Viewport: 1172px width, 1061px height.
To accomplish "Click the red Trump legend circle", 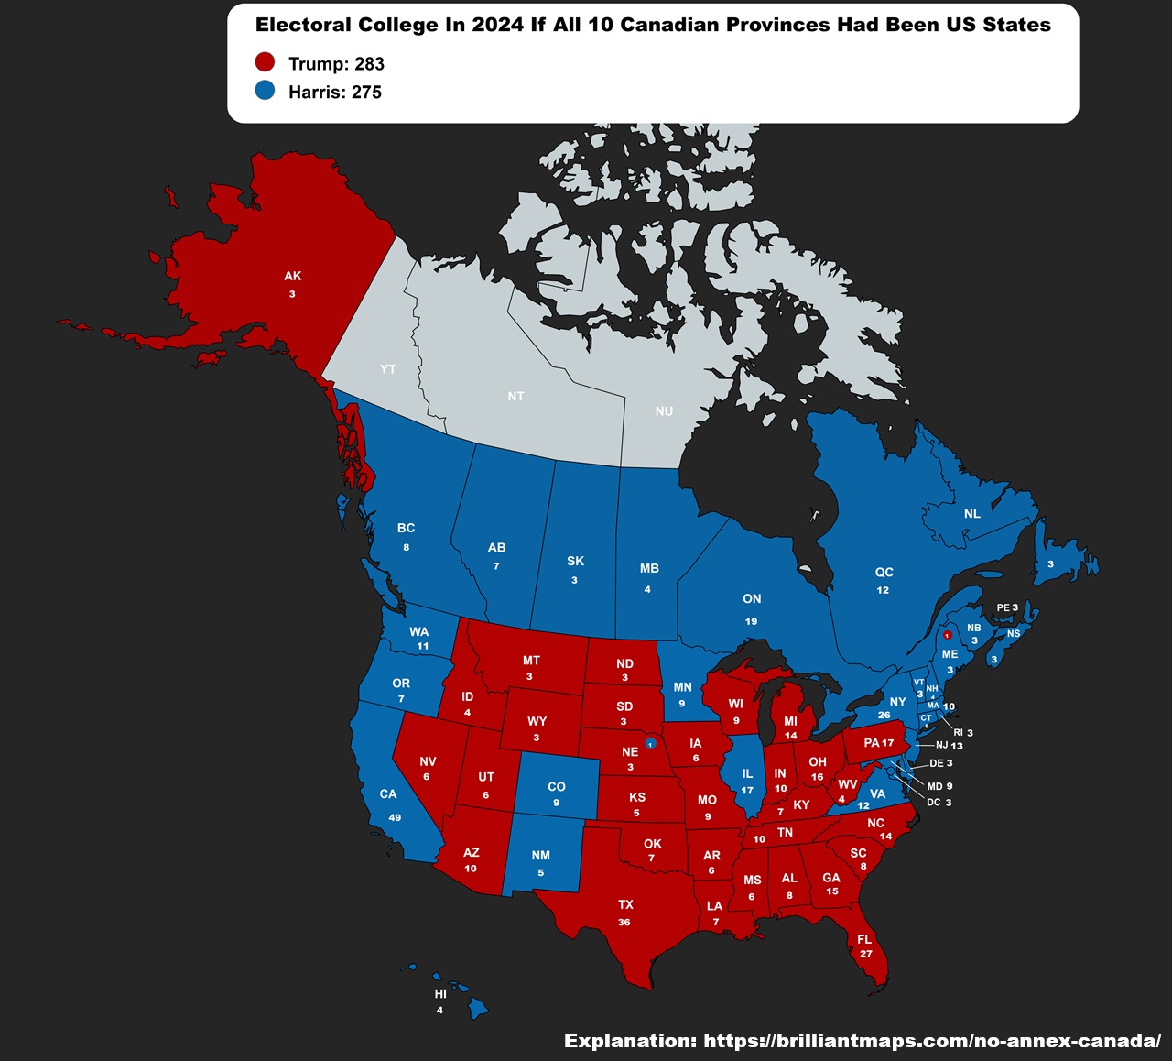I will coord(265,62).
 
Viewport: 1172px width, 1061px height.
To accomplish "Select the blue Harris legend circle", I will coord(265,91).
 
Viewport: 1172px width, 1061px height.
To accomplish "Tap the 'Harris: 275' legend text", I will coord(334,92).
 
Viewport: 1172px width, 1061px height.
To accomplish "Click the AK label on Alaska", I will coord(292,276).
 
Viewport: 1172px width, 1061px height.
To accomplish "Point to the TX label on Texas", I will coord(625,904).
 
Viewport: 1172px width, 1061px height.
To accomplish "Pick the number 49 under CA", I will coord(395,817).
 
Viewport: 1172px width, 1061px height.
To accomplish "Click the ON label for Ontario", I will coord(752,598).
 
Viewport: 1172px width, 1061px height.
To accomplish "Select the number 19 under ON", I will coord(751,621).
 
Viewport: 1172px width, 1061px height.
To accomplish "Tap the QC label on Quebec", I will coord(884,572).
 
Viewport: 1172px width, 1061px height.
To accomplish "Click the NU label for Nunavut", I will coord(664,411).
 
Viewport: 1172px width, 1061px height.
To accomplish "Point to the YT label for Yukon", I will coord(388,369).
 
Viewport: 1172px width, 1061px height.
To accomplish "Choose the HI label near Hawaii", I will coord(440,994).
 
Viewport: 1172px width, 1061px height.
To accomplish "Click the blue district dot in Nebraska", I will coord(650,743).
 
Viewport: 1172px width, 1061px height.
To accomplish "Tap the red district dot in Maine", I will coord(948,634).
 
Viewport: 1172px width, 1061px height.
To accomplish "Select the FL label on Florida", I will coord(864,939).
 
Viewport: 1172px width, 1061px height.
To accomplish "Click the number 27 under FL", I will coord(865,954).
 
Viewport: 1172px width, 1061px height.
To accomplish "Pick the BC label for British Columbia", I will coord(406,528).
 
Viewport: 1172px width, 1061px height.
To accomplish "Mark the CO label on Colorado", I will coord(556,786).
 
